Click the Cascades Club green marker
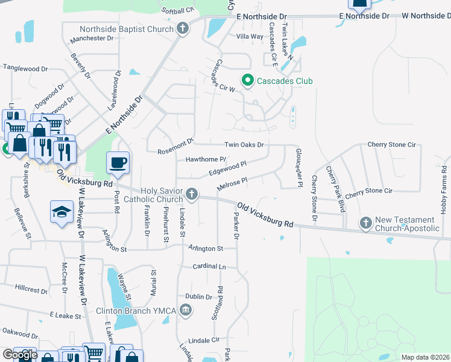coord(247,80)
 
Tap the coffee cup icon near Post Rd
coord(118,163)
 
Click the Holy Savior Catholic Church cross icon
coord(192,194)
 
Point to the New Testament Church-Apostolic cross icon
coord(365,223)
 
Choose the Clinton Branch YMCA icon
coord(186,310)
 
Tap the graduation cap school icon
coord(61,211)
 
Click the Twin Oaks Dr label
coord(244,145)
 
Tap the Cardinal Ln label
coord(209,266)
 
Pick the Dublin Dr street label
coord(198,297)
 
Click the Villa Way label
coord(250,37)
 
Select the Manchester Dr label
coord(92,39)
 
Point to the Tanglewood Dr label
coord(25,69)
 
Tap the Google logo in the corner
coord(20,355)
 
